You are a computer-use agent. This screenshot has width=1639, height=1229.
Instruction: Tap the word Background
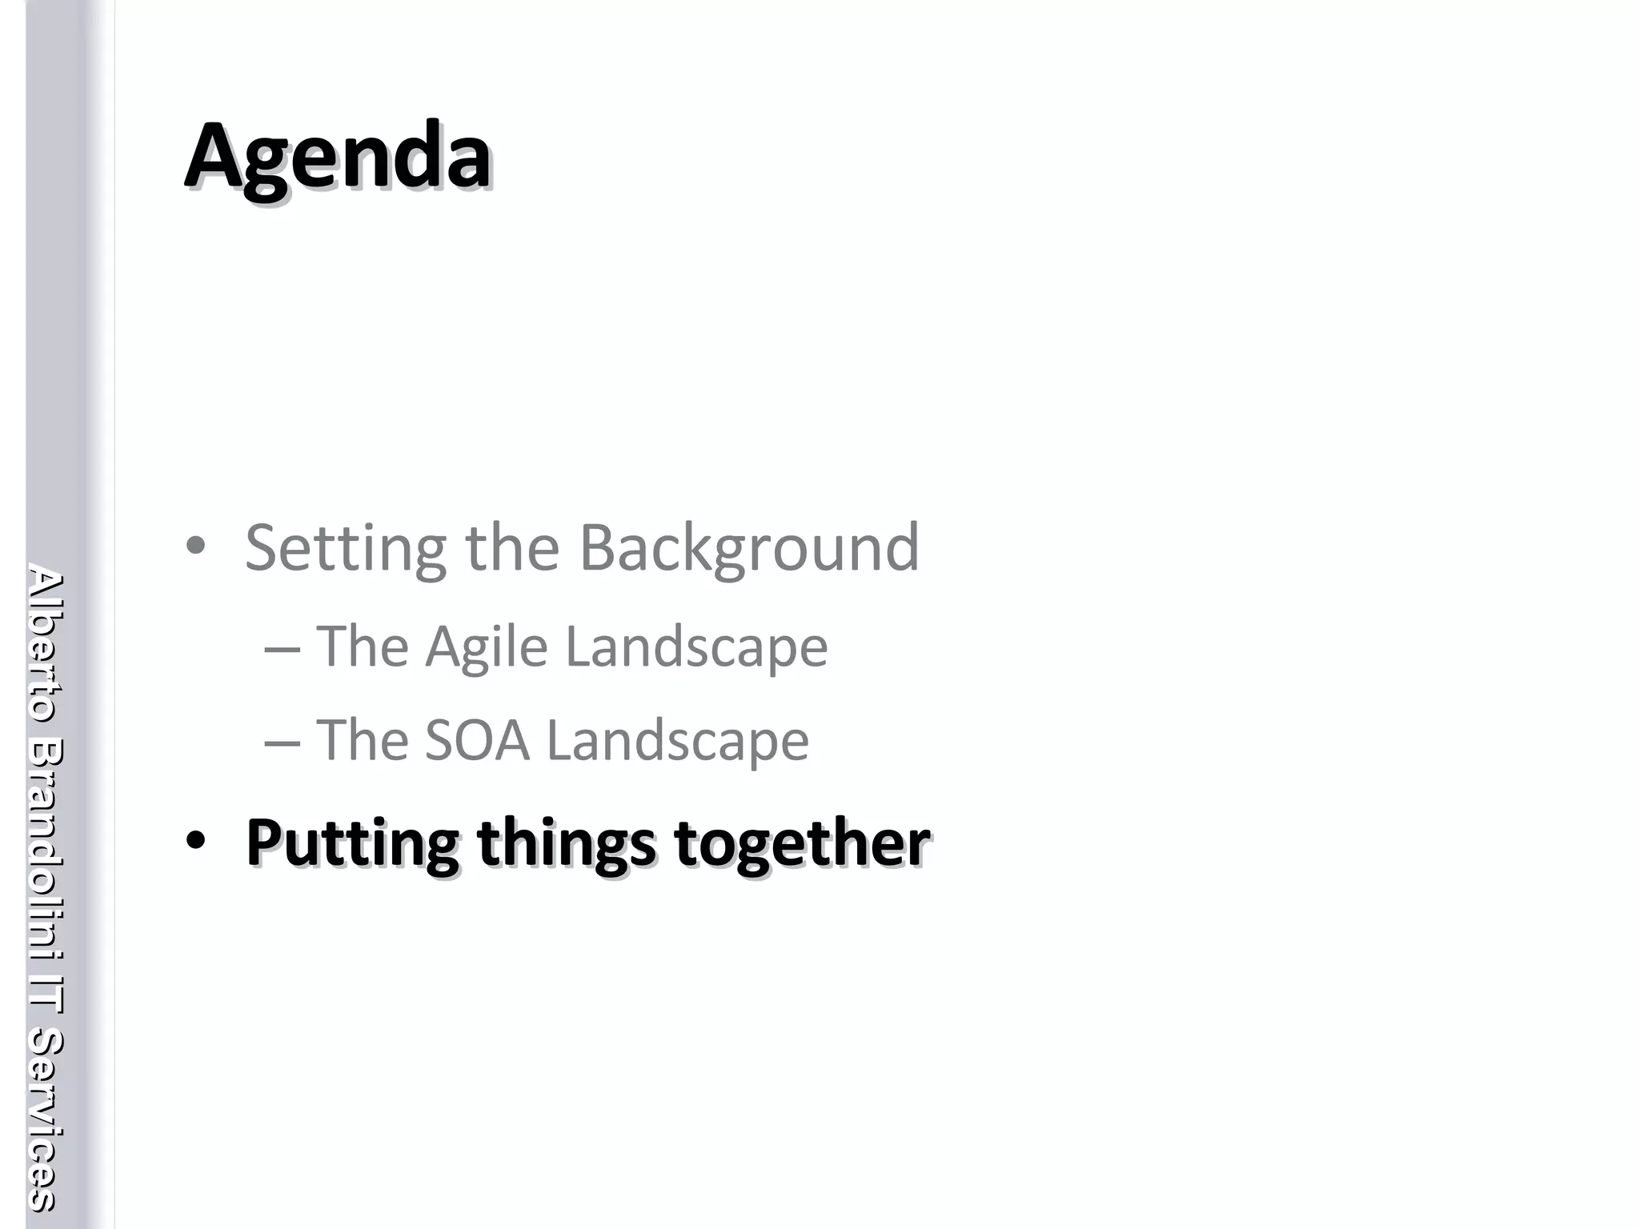(x=749, y=549)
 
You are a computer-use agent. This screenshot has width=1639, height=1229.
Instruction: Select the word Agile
(x=487, y=647)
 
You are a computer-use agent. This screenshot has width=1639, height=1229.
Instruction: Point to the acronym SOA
(x=477, y=740)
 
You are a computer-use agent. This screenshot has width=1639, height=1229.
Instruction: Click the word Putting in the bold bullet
(x=352, y=843)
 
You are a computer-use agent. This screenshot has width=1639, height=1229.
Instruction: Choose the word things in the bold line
(x=567, y=843)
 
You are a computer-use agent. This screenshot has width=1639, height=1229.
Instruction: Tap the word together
(x=802, y=843)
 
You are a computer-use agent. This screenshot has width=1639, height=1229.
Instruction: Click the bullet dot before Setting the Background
(x=195, y=547)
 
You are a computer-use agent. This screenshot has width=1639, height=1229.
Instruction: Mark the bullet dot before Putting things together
(x=195, y=842)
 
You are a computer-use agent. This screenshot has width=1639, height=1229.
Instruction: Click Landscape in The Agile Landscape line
(x=696, y=647)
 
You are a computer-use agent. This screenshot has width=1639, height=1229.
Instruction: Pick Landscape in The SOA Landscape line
(x=677, y=740)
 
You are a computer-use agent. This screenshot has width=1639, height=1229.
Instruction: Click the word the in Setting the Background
(x=512, y=549)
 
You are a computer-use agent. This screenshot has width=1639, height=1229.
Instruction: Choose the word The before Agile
(x=363, y=647)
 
